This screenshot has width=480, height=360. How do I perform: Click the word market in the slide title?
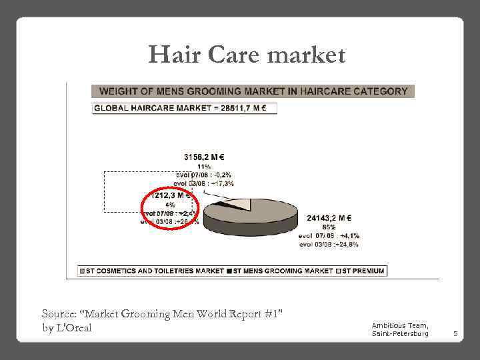click(x=306, y=55)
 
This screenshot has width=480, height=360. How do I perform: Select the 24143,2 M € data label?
click(x=329, y=217)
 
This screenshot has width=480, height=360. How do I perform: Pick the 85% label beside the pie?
click(x=328, y=227)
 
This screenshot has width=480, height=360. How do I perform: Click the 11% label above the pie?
click(x=204, y=167)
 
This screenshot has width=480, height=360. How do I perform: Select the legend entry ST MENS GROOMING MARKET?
click(x=283, y=271)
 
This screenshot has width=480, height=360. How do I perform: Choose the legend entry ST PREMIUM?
click(x=363, y=271)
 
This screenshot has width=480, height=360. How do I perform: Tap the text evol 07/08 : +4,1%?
click(x=329, y=235)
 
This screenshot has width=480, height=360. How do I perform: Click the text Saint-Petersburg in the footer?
click(x=400, y=333)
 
